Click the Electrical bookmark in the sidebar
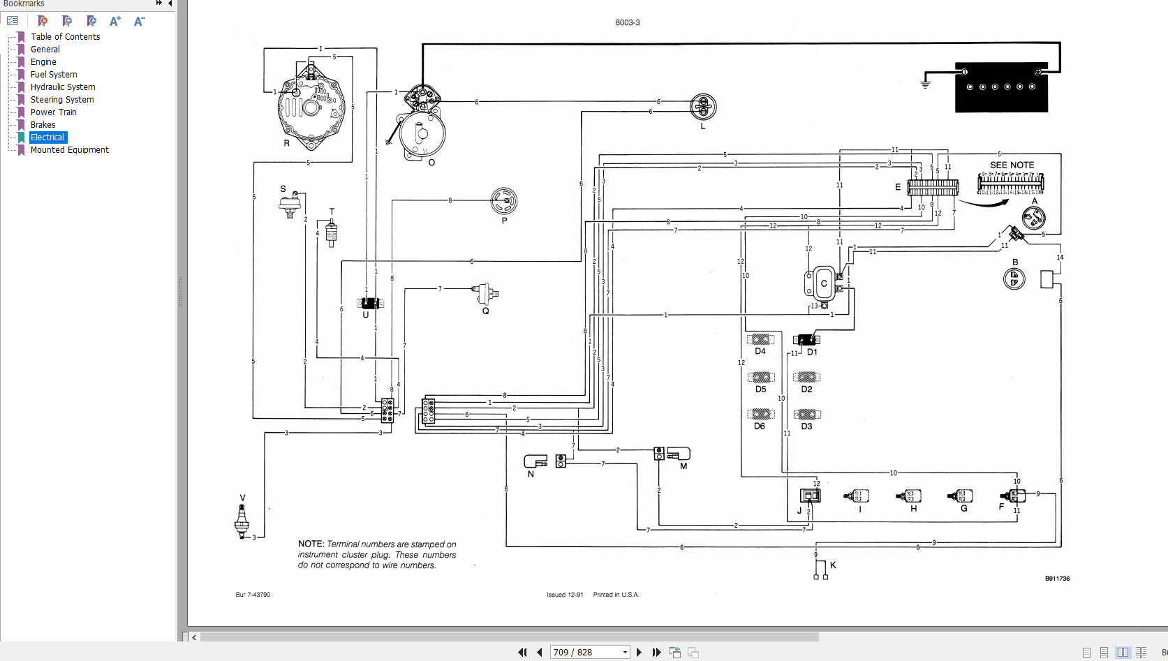coord(47,138)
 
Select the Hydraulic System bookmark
coord(63,87)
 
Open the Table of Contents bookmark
coord(65,37)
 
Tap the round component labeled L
coord(703,107)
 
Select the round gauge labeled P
coord(504,201)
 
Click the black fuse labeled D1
coord(806,340)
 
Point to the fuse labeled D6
coord(760,415)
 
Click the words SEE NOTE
coord(1012,165)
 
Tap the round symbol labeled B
coord(1014,279)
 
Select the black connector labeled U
coord(369,303)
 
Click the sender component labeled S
coord(290,205)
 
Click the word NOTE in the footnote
coord(311,544)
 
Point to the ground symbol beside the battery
coord(926,83)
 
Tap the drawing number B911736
coord(1057,579)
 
